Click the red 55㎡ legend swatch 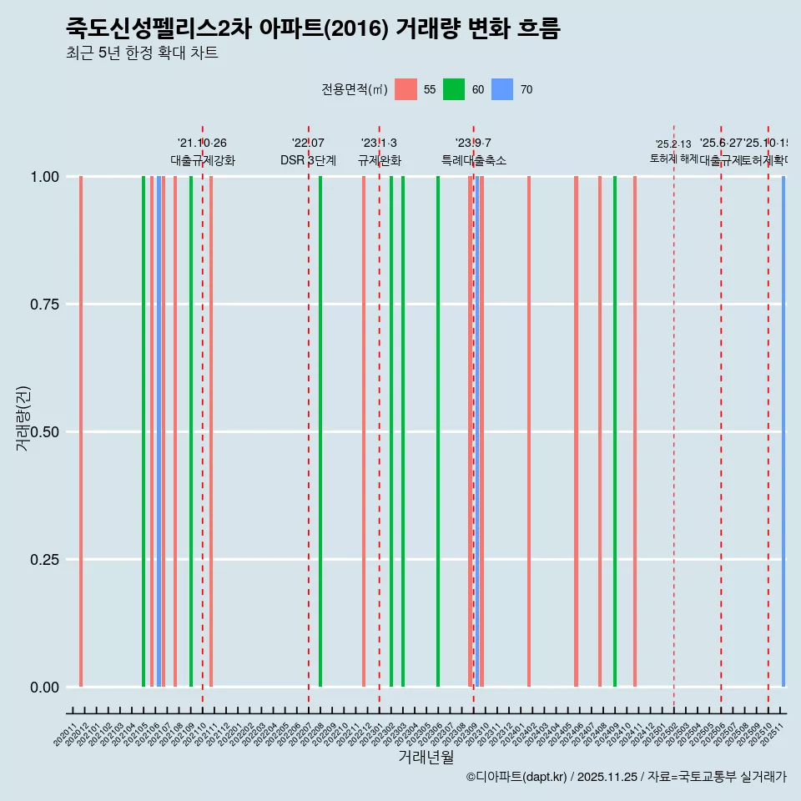[x=406, y=89]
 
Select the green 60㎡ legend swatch [x=454, y=89]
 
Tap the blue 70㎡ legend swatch [x=502, y=89]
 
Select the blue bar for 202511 [x=783, y=431]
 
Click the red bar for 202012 [x=81, y=431]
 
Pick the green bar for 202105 [x=144, y=431]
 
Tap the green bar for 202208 [x=320, y=431]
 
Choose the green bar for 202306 [x=438, y=431]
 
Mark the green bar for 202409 [x=615, y=431]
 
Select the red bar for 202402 [x=529, y=431]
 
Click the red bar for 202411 [x=635, y=431]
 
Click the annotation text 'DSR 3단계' [x=308, y=160]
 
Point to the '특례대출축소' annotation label [x=473, y=160]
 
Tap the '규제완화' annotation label [x=379, y=160]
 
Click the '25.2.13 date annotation [x=673, y=144]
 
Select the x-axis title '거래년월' [x=426, y=758]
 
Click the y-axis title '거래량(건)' [x=23, y=418]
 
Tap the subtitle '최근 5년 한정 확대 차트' [x=142, y=53]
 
